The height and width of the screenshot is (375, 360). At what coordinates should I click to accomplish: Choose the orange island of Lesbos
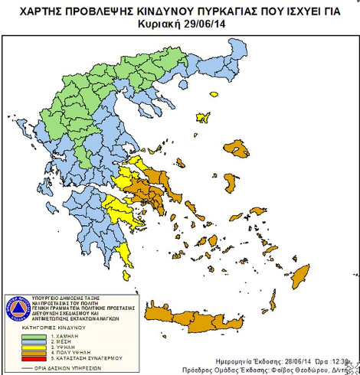tap(239, 147)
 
